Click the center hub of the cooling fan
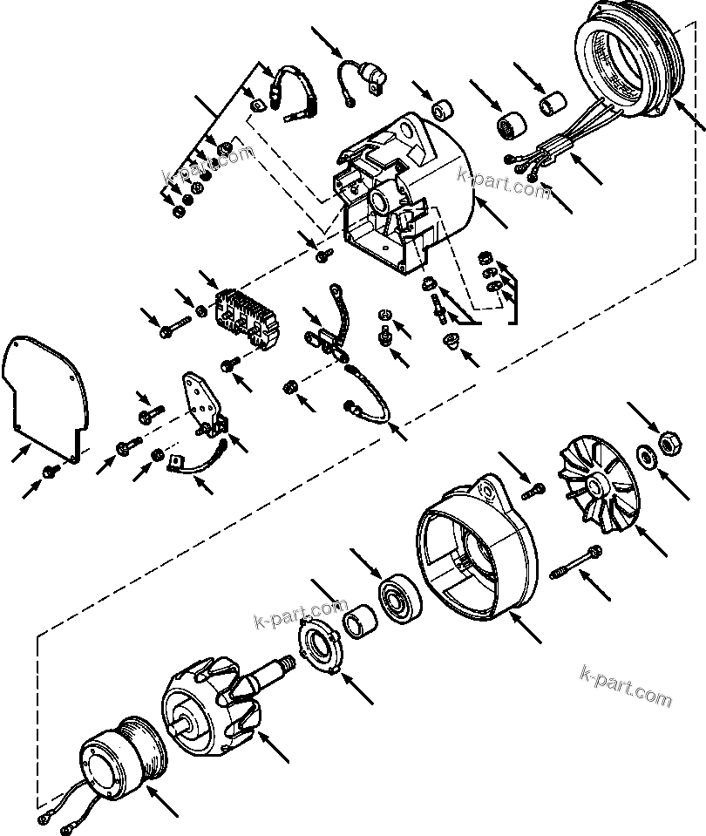click(597, 486)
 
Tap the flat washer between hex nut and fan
click(645, 454)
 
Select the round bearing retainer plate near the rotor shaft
click(320, 649)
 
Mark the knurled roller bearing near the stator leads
click(510, 125)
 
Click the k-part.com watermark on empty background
click(625, 686)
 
